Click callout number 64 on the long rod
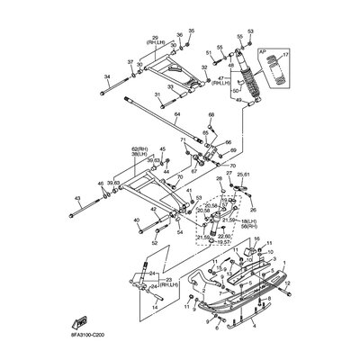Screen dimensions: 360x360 (x=177, y=115)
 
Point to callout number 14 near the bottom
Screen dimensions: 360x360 (x=154, y=308)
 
